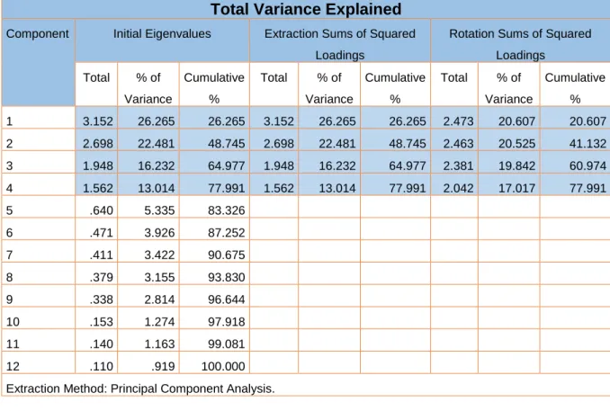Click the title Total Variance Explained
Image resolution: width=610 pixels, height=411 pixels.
(x=306, y=9)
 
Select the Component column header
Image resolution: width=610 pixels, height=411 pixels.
(x=38, y=34)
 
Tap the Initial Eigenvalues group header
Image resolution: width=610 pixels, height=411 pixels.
(x=162, y=34)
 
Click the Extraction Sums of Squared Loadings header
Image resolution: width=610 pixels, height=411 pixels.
(x=339, y=44)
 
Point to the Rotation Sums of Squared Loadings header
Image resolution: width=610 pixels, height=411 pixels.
(x=520, y=44)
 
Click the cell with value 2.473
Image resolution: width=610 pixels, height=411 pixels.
(x=458, y=121)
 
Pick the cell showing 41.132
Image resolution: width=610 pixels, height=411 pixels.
(x=588, y=144)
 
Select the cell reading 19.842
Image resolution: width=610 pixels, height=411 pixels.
(x=516, y=165)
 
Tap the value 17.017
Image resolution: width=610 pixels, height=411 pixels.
(x=516, y=188)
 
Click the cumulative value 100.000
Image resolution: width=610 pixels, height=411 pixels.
(x=223, y=366)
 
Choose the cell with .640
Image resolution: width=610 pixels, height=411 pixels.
(x=101, y=210)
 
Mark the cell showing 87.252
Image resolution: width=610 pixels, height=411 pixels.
(x=226, y=233)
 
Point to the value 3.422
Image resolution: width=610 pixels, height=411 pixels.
(x=159, y=255)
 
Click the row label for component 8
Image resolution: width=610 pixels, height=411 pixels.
(x=9, y=277)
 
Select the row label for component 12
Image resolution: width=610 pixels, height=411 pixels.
(x=13, y=366)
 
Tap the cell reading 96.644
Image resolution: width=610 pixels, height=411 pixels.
(x=226, y=299)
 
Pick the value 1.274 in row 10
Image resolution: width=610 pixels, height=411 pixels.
(x=159, y=322)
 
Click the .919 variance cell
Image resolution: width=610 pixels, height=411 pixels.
(x=163, y=366)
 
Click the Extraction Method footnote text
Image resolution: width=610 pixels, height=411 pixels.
(x=140, y=389)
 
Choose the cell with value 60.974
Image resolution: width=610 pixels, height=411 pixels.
(x=588, y=165)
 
